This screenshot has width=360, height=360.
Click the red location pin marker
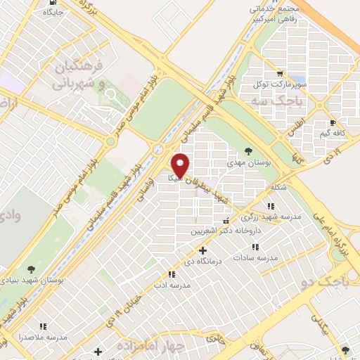[181, 165]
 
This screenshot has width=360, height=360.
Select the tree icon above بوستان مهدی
[248, 150]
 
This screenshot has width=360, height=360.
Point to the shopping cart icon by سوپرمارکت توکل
[280, 73]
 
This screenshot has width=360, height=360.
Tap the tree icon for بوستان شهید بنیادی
[31, 268]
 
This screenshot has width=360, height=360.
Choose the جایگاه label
[53, 13]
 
